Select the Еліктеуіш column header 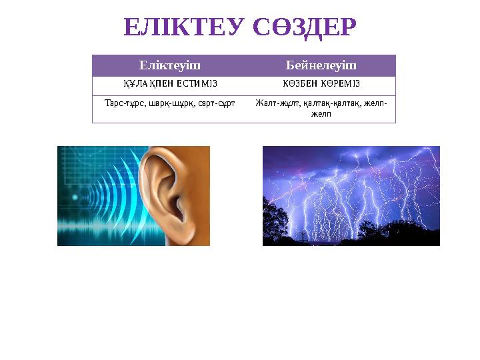click(169, 65)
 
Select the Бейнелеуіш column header click(321, 65)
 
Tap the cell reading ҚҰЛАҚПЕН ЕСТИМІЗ click(169, 84)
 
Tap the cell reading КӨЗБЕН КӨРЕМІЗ click(321, 84)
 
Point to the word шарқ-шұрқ click(161, 103)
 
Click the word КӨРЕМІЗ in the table click(342, 84)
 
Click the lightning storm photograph click(351, 195)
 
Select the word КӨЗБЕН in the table click(300, 84)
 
